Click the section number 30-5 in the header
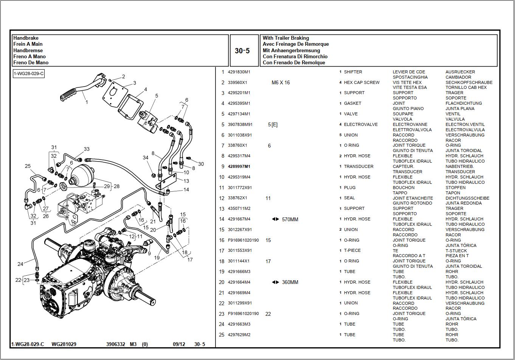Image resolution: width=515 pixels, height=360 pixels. [242, 51]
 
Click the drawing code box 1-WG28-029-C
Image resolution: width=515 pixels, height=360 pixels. [29, 73]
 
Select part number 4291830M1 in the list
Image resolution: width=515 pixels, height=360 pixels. [239, 72]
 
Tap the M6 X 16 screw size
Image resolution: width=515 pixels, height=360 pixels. [281, 82]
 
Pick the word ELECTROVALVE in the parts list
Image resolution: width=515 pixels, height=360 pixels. [360, 124]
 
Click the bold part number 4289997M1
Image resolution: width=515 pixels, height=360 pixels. [239, 166]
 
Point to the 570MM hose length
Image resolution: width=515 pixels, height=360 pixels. [290, 219]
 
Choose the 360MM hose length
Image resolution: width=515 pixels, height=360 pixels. [290, 282]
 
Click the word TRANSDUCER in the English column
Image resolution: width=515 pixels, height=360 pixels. [358, 166]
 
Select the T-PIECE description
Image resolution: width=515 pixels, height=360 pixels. [352, 250]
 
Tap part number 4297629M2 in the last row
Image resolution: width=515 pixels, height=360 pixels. [239, 335]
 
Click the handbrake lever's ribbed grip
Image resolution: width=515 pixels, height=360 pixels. [68, 94]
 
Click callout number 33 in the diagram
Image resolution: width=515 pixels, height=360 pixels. [87, 149]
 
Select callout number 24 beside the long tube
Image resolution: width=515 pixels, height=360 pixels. [20, 264]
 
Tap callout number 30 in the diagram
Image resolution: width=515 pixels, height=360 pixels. [201, 164]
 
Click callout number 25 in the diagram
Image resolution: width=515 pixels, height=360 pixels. [28, 166]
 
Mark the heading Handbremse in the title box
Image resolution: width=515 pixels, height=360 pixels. [28, 50]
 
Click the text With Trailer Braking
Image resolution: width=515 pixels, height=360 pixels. [285, 38]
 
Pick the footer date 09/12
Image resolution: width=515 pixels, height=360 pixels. [179, 344]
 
